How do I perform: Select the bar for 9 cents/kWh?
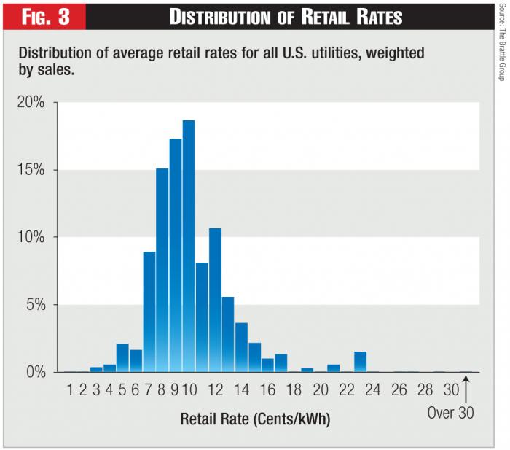176,255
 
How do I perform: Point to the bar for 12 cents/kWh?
215,300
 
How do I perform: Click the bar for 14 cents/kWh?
241,347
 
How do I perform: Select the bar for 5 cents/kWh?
122,357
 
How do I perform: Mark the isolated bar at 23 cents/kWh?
360,362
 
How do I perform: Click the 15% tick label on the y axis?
31,170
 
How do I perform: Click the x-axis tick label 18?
294,389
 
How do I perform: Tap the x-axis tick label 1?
70,389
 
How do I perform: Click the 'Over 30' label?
450,413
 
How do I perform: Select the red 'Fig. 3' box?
43,16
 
